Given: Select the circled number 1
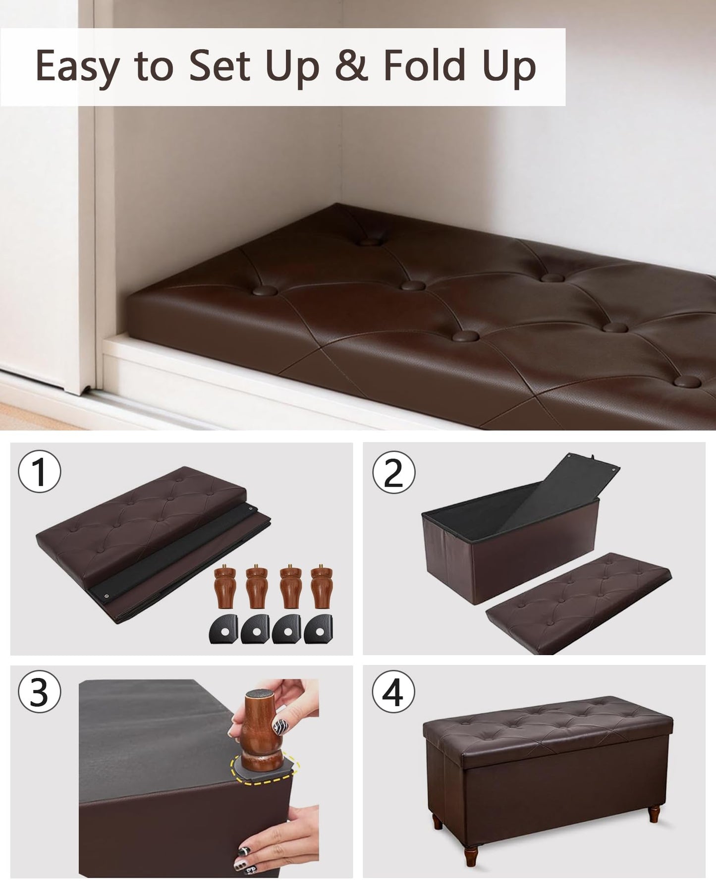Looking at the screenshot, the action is point(40,471).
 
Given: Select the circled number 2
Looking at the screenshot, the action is point(394,473).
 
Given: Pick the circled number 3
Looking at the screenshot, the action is point(40,693).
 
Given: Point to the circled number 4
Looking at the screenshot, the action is point(394,693).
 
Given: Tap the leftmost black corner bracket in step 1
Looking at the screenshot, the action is point(224,629).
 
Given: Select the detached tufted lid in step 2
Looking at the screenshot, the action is point(578,604).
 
